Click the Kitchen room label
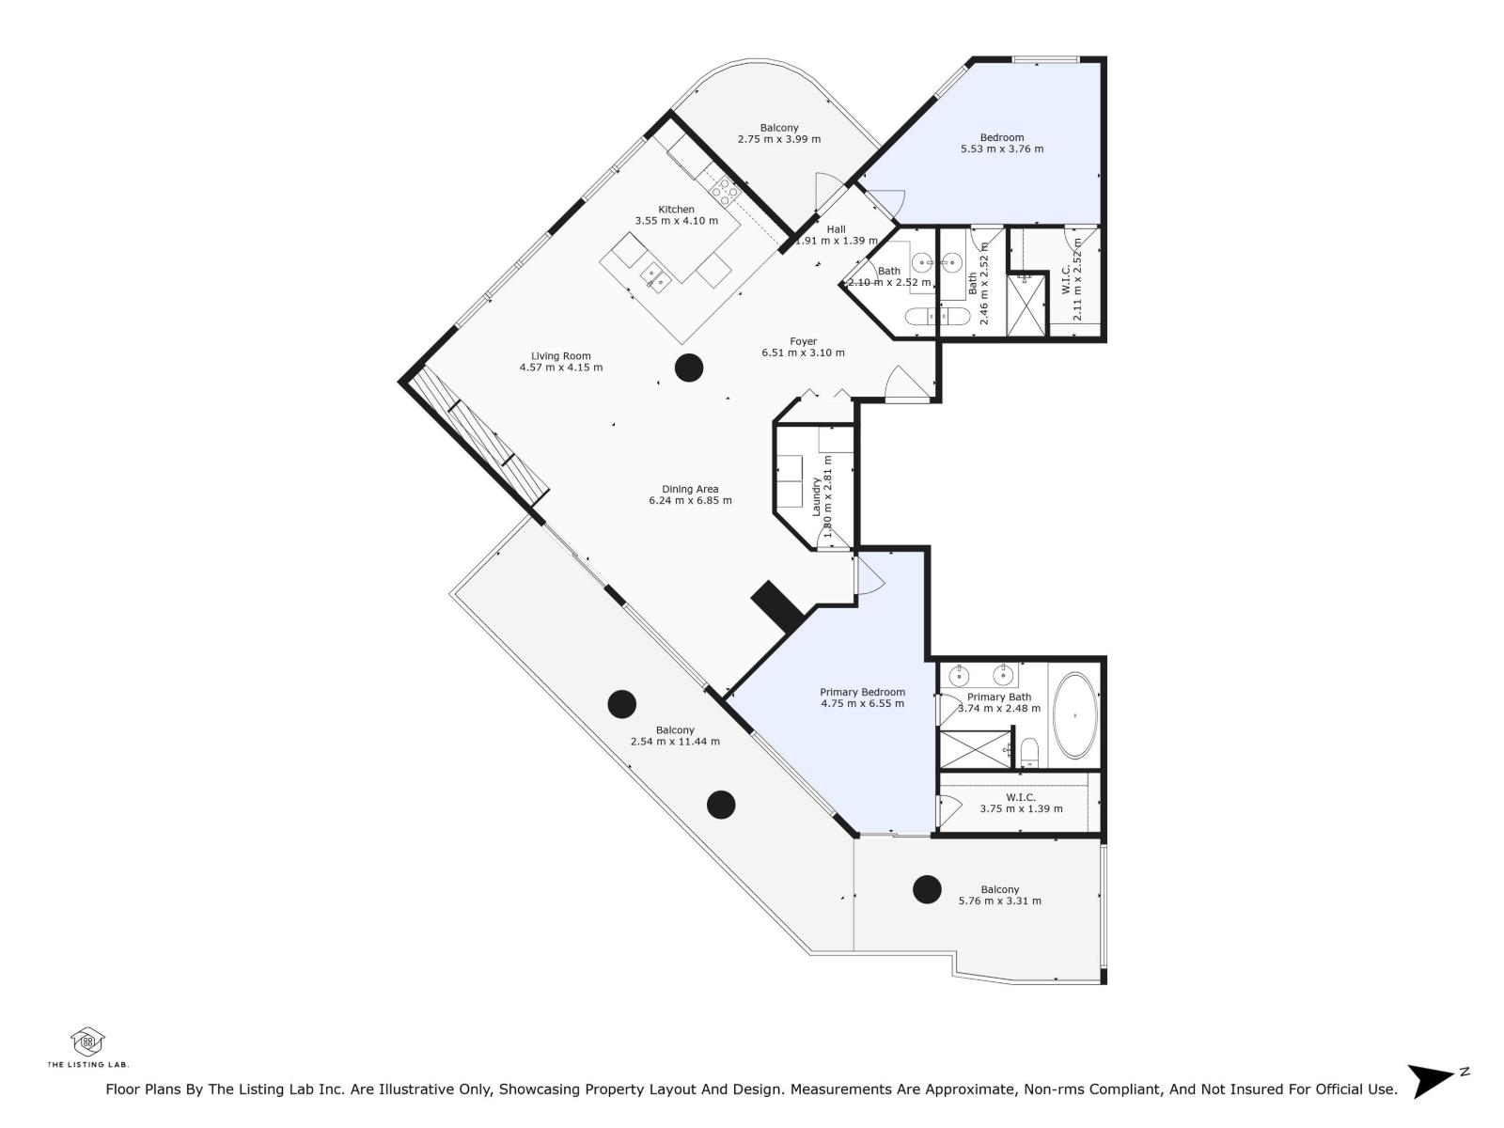(x=676, y=210)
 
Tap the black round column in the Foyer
(x=689, y=368)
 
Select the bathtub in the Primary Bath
(x=1074, y=715)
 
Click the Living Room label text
(x=560, y=356)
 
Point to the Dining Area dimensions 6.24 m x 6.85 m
(x=690, y=501)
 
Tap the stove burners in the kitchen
(x=725, y=191)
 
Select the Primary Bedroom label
(x=862, y=692)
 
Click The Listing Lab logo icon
(x=87, y=1041)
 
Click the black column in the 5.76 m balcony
(x=927, y=888)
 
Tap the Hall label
(x=836, y=229)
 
